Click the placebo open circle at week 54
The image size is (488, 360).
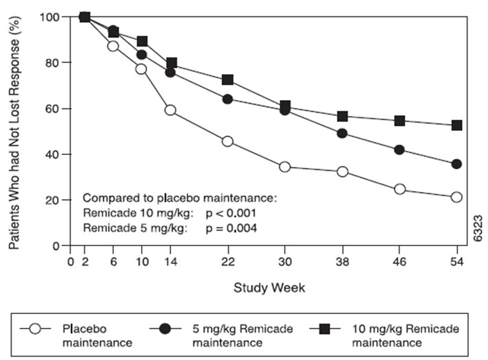[x=456, y=197]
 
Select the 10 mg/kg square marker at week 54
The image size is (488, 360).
[x=456, y=125]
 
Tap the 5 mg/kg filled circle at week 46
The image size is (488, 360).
[x=400, y=149]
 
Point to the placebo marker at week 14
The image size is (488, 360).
[x=170, y=110]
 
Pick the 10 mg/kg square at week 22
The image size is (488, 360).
[x=228, y=80]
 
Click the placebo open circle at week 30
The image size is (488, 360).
[x=284, y=167]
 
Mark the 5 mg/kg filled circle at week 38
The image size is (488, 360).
[x=342, y=133]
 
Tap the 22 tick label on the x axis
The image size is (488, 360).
[x=228, y=261]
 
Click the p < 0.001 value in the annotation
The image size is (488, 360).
[x=234, y=213]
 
